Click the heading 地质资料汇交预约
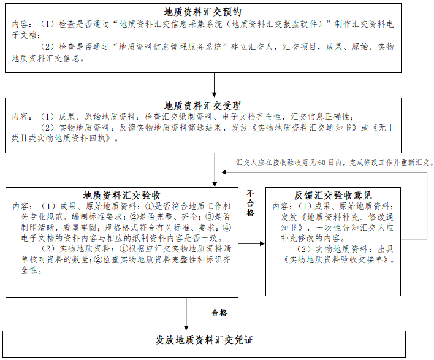coord(203,12)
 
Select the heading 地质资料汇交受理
coord(203,105)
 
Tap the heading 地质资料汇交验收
coord(122,195)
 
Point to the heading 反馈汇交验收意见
coord(333,195)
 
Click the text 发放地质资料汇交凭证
coord(204,340)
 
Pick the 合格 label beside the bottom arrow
coord(219,313)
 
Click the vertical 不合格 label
coord(251,203)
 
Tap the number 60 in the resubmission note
coord(322,163)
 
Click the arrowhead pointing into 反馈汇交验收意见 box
coord(262,243)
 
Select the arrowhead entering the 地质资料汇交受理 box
coord(214,94)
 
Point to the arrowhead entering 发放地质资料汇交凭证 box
coord(186,327)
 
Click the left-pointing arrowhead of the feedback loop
coord(224,172)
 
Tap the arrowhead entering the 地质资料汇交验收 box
coord(215,184)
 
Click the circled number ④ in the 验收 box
coord(227,228)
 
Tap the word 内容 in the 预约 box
coord(20,25)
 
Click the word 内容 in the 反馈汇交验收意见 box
coord(280,206)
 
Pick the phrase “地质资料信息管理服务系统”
coord(171,47)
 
